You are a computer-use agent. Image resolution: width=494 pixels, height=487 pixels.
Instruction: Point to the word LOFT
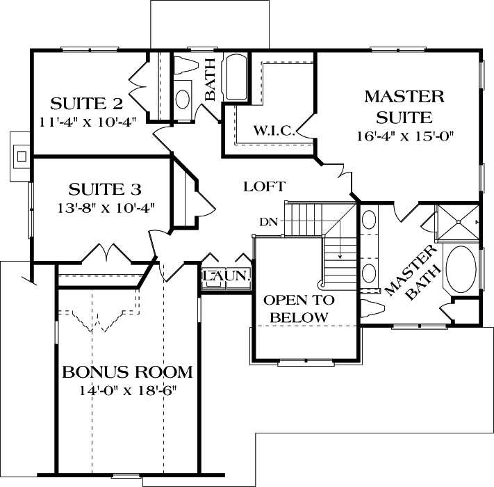coord(264,186)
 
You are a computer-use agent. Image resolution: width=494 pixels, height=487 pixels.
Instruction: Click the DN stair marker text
coord(269,223)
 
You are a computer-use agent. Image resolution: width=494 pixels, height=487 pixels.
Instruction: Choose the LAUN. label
coord(226,276)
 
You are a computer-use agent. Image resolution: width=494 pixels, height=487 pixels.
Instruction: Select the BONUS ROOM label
coord(127,372)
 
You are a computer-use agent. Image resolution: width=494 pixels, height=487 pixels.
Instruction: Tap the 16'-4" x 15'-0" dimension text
coord(404,136)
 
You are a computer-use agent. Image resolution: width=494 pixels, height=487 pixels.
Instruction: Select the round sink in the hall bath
coord(182,97)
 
